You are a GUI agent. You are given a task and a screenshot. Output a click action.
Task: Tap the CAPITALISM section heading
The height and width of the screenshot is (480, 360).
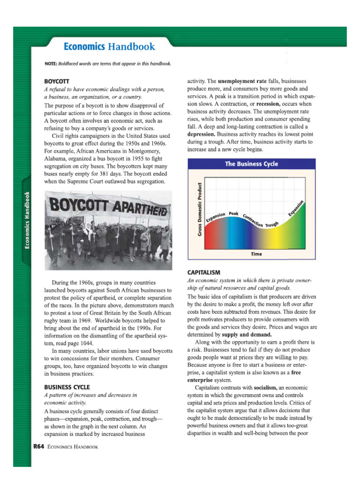point(203,272)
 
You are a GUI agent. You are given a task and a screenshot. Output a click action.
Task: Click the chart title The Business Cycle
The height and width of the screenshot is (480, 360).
point(251,164)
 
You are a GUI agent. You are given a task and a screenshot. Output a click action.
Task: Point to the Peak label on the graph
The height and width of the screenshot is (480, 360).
point(234,214)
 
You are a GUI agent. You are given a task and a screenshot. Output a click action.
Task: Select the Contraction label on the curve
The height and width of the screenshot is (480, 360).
point(253,218)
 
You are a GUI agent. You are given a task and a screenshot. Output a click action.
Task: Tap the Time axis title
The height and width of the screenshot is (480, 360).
point(256,254)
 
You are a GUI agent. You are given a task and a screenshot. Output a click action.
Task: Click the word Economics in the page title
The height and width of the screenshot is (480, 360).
point(84,47)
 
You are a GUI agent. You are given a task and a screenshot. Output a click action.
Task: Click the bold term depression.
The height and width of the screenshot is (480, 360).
point(203,134)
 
